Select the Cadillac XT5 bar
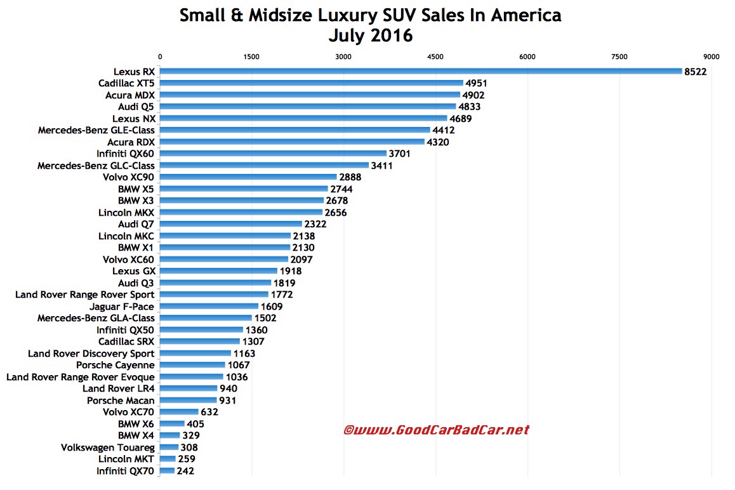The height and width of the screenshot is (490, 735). pyautogui.click(x=312, y=83)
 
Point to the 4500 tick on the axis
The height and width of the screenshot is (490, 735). pyautogui.click(x=435, y=56)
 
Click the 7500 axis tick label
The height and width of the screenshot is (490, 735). pyautogui.click(x=619, y=56)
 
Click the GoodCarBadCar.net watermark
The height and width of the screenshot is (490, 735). pyautogui.click(x=436, y=430)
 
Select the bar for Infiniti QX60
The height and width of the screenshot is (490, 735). pyautogui.click(x=273, y=154)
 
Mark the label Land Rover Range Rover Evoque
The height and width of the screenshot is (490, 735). pyautogui.click(x=80, y=377)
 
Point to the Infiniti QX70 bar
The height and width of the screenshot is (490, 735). pyautogui.click(x=168, y=471)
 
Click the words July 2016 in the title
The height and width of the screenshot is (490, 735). pyautogui.click(x=370, y=36)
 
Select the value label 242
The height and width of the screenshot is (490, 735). pyautogui.click(x=186, y=471)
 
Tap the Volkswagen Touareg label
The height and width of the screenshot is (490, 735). pyautogui.click(x=107, y=447)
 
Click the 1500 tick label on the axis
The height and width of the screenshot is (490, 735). pyautogui.click(x=251, y=56)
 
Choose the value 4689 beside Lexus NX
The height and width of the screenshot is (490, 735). pyautogui.click(x=461, y=119)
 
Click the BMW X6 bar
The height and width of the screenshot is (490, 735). pyautogui.click(x=173, y=424)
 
